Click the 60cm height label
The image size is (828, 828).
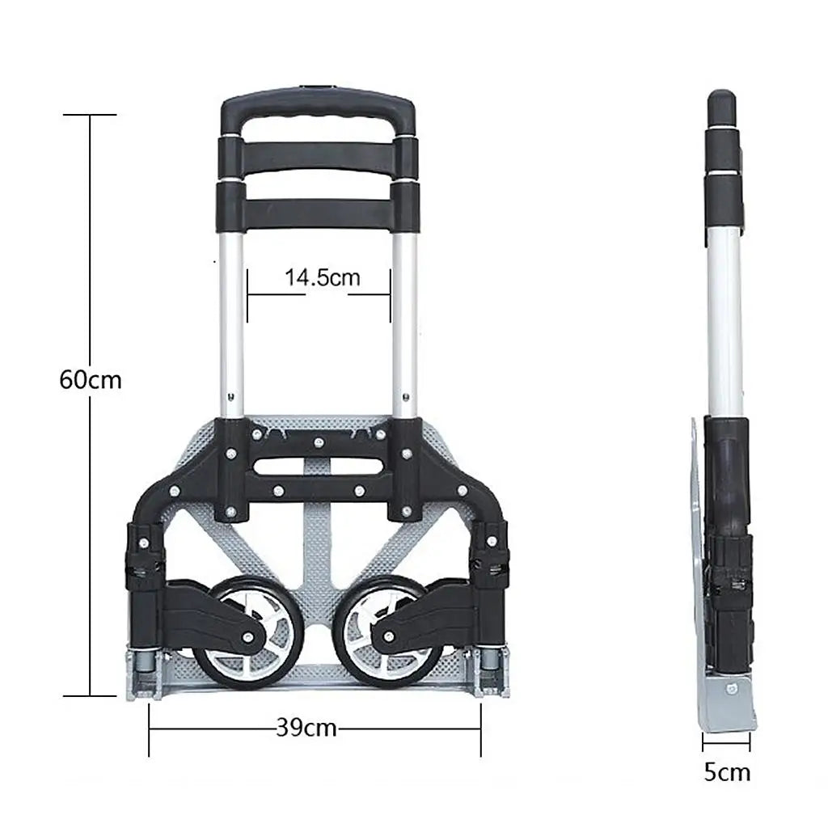(x=90, y=378)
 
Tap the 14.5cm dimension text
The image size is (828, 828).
(x=322, y=277)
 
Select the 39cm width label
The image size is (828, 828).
(x=306, y=728)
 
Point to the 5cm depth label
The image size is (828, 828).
(x=726, y=772)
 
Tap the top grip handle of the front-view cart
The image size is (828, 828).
(x=319, y=108)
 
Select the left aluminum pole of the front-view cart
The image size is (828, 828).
(x=232, y=323)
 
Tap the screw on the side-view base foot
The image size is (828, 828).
(x=732, y=688)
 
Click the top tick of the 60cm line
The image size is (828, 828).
(x=90, y=115)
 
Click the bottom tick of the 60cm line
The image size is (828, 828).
(x=90, y=695)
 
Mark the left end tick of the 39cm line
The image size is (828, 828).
(x=150, y=729)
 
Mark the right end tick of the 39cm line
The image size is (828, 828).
(x=481, y=729)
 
